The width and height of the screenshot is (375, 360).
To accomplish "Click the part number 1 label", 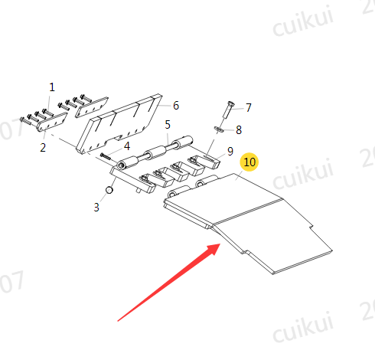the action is click(52, 87).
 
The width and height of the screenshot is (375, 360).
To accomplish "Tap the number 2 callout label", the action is click(43, 148).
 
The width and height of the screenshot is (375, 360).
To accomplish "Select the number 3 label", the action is click(96, 208).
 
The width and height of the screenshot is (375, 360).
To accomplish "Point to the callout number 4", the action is click(127, 146).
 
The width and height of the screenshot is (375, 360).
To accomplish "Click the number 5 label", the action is click(168, 125).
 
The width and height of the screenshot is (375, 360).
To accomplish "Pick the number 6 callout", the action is click(176, 106).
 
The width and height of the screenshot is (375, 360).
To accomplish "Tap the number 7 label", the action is click(249, 107).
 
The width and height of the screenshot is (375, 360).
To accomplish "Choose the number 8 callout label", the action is click(239, 130).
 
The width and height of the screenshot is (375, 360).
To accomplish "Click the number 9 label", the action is click(230, 152).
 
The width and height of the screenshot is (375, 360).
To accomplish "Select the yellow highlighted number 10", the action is click(249, 162).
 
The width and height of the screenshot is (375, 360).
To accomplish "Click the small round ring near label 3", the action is click(109, 190).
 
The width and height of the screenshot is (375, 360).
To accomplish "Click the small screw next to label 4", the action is click(106, 156).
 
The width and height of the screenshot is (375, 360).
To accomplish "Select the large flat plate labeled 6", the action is click(119, 124).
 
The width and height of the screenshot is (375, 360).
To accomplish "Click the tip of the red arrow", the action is click(220, 244).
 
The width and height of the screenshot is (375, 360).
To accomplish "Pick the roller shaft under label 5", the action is click(155, 152).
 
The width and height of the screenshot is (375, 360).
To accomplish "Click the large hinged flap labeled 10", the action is click(248, 223).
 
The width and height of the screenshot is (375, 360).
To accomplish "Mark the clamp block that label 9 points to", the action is click(206, 161).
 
